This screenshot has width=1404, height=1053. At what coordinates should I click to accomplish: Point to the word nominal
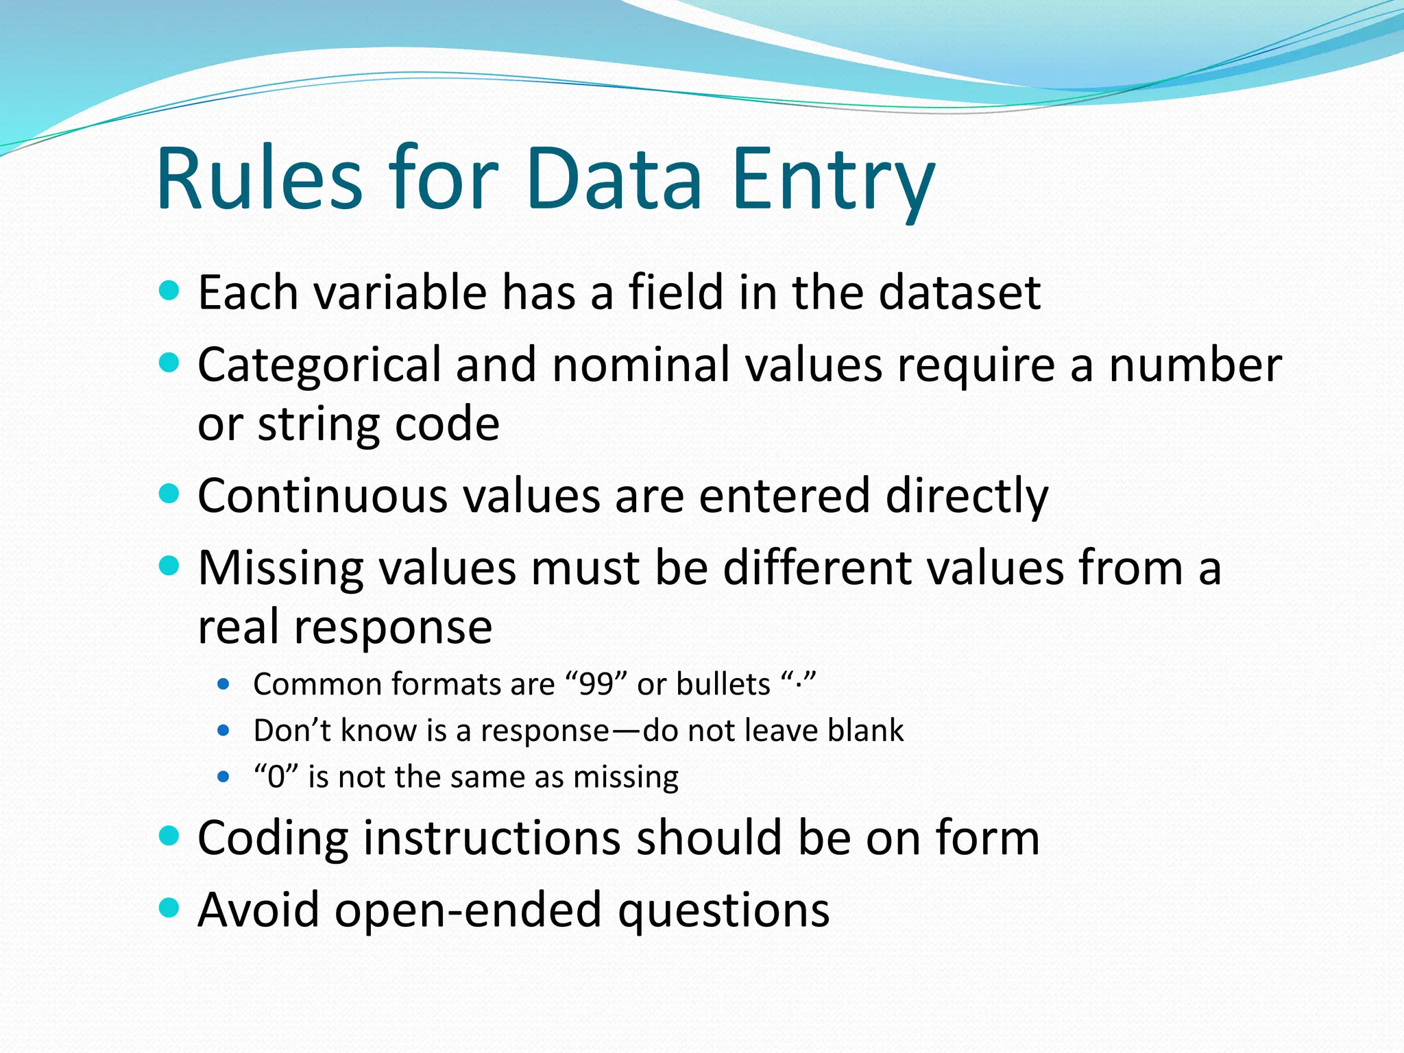[641, 364]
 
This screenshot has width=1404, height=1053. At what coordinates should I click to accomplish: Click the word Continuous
[322, 496]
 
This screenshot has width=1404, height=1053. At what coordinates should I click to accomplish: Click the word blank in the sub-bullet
[865, 731]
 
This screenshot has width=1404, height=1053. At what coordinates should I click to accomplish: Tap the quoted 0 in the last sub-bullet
[276, 777]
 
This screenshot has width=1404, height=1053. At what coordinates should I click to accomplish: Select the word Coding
[272, 839]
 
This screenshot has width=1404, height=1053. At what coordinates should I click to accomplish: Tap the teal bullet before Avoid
[169, 908]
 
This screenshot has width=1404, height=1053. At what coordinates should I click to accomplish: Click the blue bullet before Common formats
[223, 684]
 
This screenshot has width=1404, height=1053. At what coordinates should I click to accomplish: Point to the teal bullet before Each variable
[169, 291]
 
